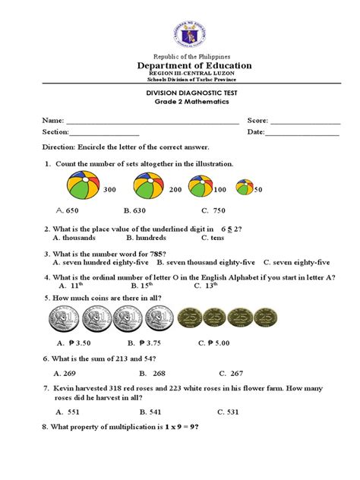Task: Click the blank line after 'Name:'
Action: pos(152,121)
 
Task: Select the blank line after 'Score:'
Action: pos(305,121)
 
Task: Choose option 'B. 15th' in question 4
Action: pos(144,286)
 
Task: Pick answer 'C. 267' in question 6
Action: pos(231,373)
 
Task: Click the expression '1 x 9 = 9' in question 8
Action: pos(180,428)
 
